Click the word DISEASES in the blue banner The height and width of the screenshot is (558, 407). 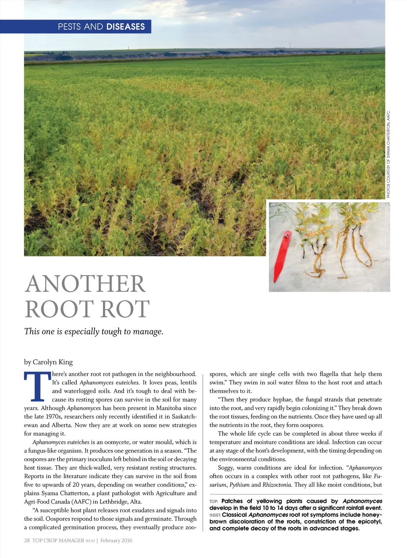pyautogui.click(x=125, y=27)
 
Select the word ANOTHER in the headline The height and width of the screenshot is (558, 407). pyautogui.click(x=85, y=284)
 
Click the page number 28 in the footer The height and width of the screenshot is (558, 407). pyautogui.click(x=27, y=541)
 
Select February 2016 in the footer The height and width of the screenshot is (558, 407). pyautogui.click(x=116, y=541)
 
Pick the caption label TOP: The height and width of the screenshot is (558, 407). pyautogui.click(x=214, y=502)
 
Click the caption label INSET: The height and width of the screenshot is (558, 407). pyautogui.click(x=215, y=515)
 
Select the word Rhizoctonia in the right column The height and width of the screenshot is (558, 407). pyautogui.click(x=277, y=485)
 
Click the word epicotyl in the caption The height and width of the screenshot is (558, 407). pyautogui.click(x=370, y=522)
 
